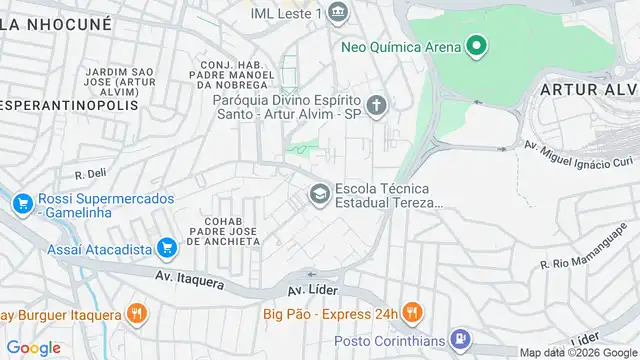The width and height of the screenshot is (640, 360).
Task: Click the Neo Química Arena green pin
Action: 477,46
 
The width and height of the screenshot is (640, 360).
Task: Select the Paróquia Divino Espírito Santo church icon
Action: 377,105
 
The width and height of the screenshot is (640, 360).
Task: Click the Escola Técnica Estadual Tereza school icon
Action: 320,193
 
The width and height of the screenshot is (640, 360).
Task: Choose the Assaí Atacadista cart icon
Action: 166,247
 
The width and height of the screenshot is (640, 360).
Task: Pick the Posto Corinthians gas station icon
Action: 459,338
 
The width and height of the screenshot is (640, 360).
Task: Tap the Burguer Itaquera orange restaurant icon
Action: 137,314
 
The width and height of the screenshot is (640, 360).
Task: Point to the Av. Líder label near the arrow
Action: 309,290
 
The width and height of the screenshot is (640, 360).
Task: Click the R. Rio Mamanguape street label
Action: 582,255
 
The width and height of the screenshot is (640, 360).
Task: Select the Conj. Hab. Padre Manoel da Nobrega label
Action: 231,72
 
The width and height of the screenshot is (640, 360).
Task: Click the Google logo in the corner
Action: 32,347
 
